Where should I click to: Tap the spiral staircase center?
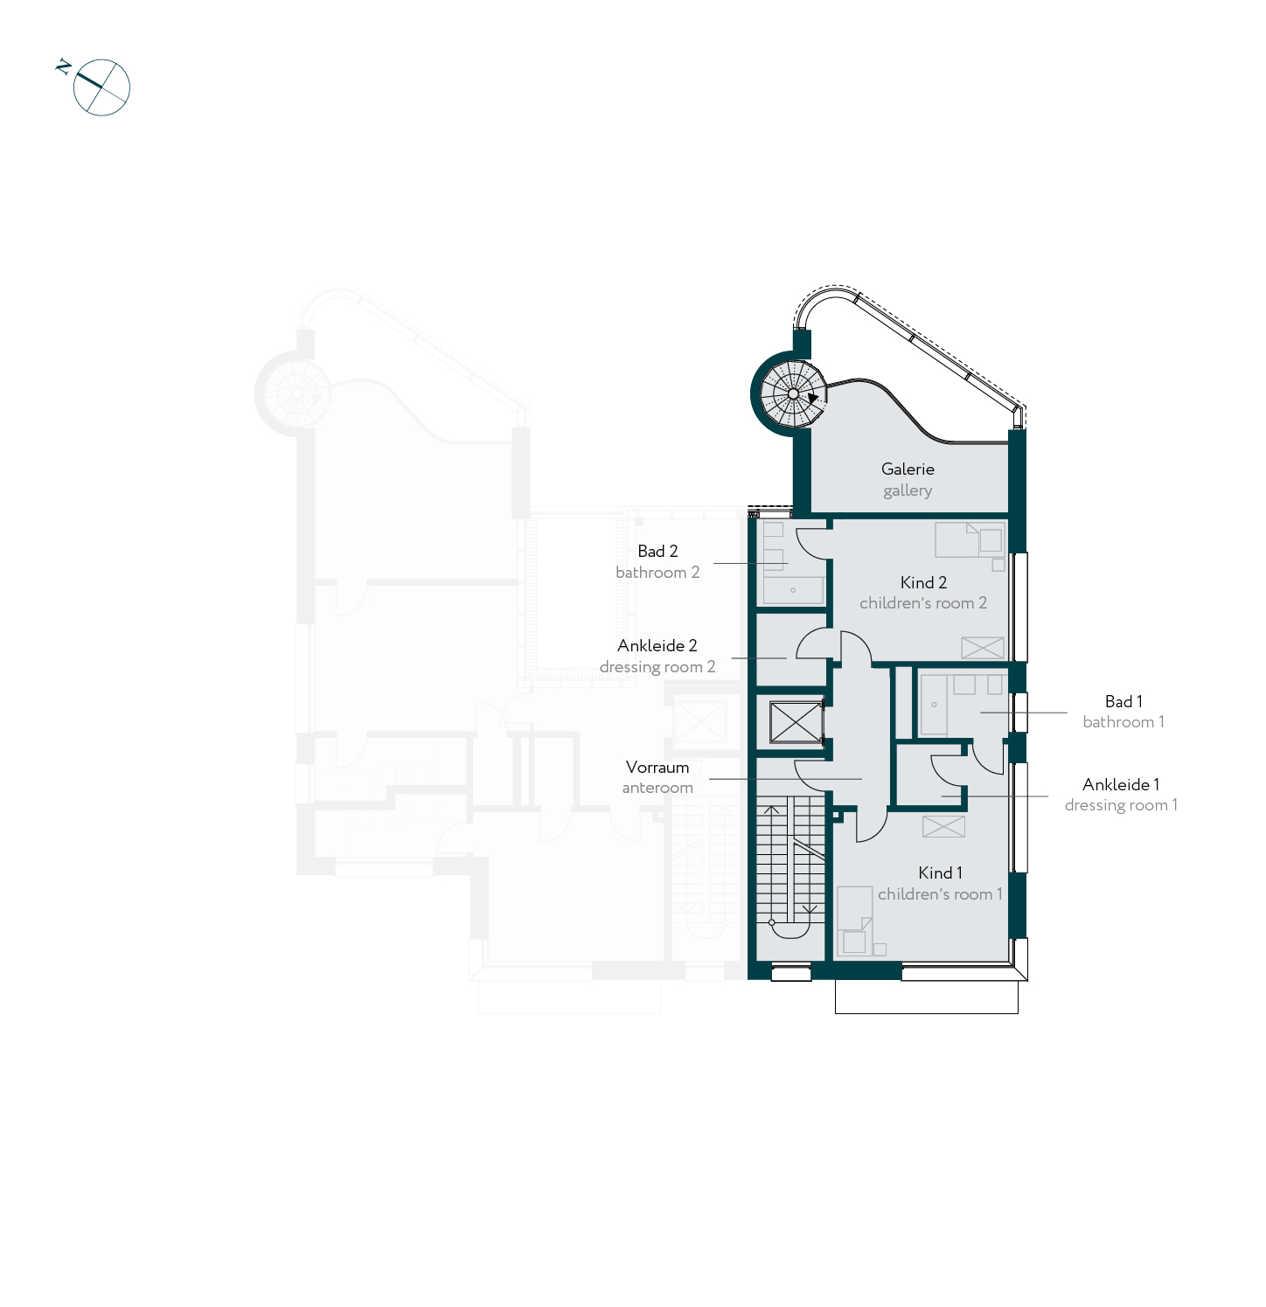(793, 394)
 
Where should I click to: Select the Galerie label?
(908, 469)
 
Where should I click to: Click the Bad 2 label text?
(657, 551)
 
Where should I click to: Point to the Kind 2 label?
(923, 582)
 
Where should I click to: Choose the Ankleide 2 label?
(657, 645)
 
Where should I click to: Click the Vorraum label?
(657, 767)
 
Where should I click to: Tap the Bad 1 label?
(1123, 701)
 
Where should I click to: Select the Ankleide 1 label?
(1121, 784)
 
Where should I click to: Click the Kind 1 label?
(940, 872)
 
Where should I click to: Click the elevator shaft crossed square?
(795, 722)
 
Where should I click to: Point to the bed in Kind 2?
(969, 539)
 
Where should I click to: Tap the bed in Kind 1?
(854, 921)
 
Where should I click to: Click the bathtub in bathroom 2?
(793, 590)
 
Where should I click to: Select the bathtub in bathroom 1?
(934, 705)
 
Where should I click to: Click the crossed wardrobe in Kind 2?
(983, 648)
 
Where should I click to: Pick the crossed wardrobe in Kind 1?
(944, 826)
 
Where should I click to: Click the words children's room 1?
(940, 893)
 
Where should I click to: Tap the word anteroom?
(657, 788)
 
